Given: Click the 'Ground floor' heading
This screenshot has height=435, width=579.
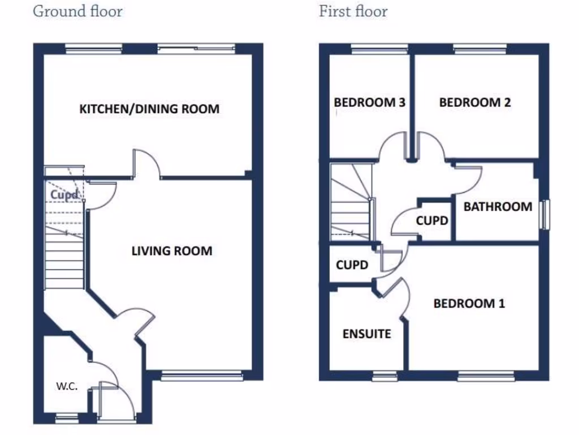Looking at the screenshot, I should pos(77,11).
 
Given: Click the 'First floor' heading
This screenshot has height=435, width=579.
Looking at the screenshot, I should pos(353,11).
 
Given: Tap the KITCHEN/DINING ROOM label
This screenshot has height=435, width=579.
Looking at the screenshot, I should pos(149,109).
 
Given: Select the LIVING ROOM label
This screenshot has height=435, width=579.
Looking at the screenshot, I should pos(172,250).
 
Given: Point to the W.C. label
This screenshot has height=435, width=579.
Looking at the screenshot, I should pos(67,386).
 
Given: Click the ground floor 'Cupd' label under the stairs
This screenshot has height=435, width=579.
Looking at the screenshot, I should pos(64,195).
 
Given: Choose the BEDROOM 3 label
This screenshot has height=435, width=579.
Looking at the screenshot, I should pos(369,103).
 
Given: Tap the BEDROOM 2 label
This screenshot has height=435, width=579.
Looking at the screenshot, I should pos(475,103).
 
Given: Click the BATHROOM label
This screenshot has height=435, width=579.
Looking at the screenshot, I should pos(498,207).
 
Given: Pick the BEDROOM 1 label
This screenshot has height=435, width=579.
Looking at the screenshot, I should pos(469,304).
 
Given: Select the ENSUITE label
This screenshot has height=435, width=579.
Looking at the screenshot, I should pos(366,334).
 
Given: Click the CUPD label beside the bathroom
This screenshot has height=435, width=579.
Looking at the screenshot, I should pos(432,220).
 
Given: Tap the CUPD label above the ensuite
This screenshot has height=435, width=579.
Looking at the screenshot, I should pos(352,265).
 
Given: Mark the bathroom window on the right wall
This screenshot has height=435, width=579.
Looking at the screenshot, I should pos(545,215).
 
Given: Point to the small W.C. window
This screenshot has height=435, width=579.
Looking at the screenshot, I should pos(67,419).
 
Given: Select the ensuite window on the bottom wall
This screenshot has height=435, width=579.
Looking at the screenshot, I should pos(385,375).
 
